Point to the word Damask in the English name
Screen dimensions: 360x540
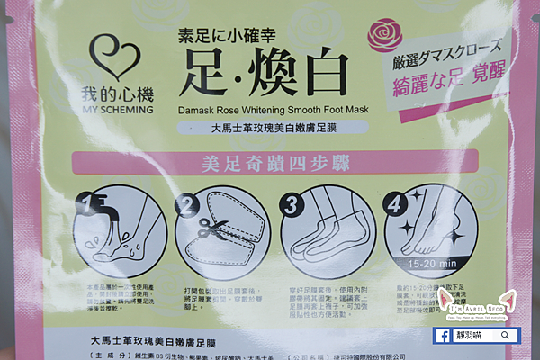(199, 109)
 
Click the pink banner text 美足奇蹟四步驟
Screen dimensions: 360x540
(269, 164)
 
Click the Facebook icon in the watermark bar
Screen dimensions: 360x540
(445, 335)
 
